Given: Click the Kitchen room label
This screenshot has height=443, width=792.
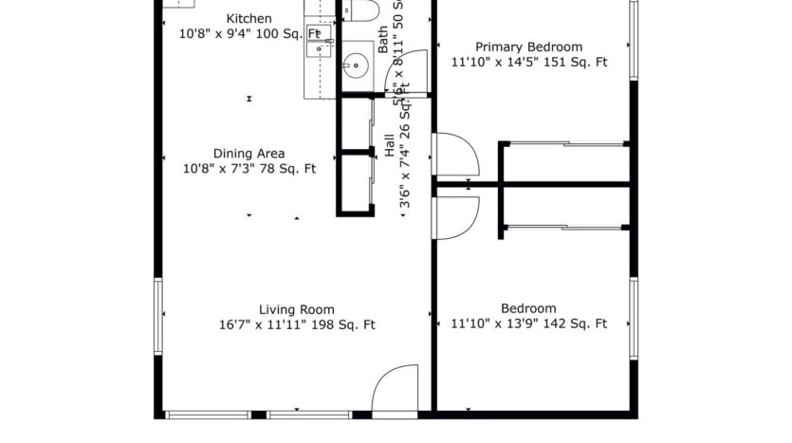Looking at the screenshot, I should (x=249, y=19).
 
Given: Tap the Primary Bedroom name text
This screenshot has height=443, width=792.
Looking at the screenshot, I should (x=528, y=46).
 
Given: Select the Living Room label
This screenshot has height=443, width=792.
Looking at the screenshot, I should (x=296, y=308).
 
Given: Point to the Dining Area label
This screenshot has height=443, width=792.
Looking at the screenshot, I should (x=249, y=154).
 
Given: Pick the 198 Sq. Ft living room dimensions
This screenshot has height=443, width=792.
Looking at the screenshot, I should (x=296, y=324).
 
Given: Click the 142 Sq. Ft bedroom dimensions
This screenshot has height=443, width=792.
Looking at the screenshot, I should (x=528, y=324).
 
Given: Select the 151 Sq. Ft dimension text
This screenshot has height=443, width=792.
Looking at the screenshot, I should (x=528, y=63).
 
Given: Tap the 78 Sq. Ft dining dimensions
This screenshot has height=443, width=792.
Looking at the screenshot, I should (x=249, y=169).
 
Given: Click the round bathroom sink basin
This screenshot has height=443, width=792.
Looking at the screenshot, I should (x=358, y=65).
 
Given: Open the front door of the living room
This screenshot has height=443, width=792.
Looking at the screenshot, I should (x=395, y=389).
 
